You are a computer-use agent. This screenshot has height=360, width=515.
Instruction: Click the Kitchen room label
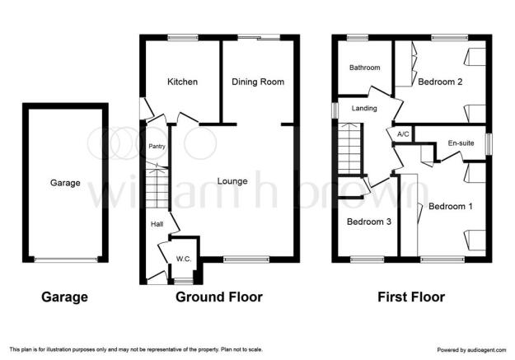(x=182, y=82)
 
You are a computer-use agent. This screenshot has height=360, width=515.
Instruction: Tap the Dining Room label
(x=258, y=82)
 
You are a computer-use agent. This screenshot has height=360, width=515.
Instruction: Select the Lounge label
(x=232, y=181)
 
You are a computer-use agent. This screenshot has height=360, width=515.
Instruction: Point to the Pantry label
(x=157, y=146)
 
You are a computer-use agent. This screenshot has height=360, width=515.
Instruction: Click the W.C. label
(x=184, y=259)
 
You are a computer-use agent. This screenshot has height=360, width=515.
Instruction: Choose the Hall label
(x=157, y=224)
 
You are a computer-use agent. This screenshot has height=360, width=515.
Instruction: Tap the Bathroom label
(x=364, y=68)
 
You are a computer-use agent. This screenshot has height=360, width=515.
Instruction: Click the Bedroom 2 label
(x=440, y=82)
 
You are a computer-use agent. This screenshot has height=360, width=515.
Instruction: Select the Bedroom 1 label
(x=451, y=206)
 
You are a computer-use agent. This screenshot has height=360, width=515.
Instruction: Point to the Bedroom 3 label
(x=369, y=222)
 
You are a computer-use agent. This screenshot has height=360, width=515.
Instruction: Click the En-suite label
(x=461, y=143)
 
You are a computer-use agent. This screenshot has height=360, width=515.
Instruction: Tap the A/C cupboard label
(x=403, y=134)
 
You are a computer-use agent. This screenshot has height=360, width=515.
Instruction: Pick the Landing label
(x=364, y=108)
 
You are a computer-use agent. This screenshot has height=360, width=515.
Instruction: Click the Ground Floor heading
(x=219, y=297)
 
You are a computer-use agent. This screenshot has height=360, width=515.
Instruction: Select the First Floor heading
(x=411, y=297)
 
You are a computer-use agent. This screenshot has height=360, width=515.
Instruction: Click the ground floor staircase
(x=157, y=185)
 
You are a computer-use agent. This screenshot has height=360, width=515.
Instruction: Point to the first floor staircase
(x=349, y=149)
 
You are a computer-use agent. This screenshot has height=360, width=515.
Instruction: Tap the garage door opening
(x=66, y=259)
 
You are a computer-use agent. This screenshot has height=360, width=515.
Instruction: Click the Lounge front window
(x=246, y=259)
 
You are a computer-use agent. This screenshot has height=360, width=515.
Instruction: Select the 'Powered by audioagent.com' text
(x=471, y=350)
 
